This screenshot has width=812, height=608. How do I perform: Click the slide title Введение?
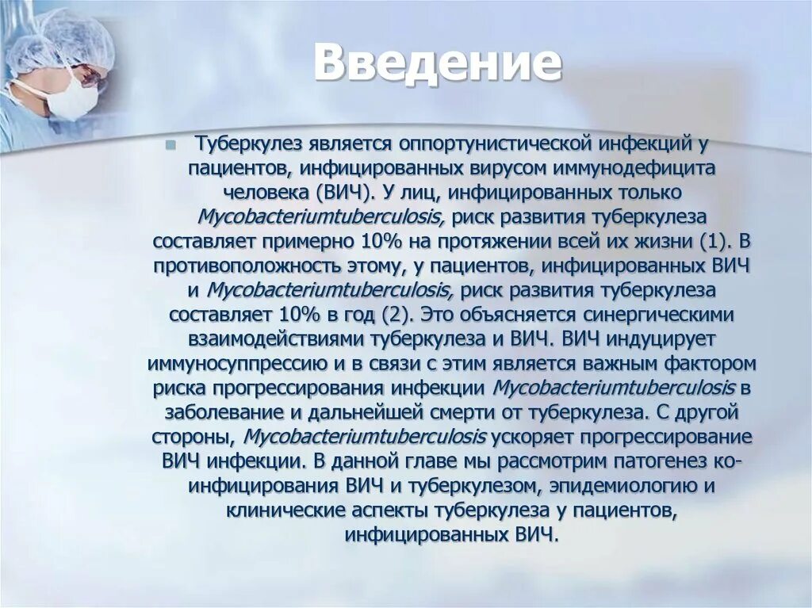(437, 63)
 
